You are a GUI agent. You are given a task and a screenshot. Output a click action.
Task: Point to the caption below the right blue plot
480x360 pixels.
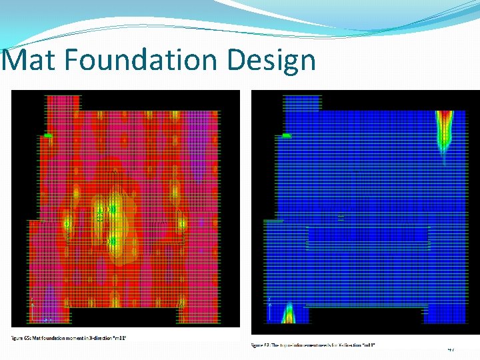(x=313, y=345)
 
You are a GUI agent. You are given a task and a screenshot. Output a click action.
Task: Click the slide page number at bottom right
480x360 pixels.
(x=451, y=348)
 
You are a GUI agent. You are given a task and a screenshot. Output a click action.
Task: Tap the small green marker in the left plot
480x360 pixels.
(x=48, y=135)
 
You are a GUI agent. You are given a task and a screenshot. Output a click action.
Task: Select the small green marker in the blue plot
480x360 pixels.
(x=287, y=135)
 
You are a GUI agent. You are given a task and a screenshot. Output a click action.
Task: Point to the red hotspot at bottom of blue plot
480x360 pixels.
(x=289, y=315)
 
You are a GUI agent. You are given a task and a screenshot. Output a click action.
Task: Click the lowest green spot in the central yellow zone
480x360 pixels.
(x=113, y=240)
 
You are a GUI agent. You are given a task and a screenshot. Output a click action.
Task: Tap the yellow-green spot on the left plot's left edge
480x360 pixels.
(x=67, y=223)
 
